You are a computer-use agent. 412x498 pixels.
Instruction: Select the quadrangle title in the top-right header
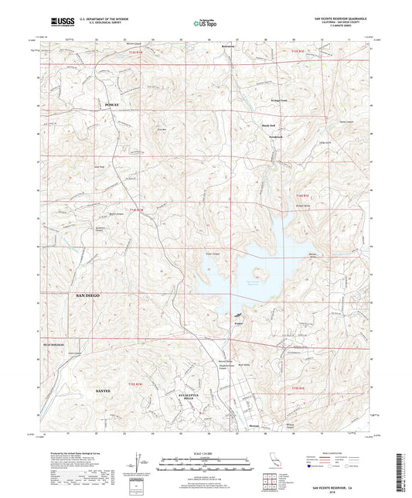coord(342,16)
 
